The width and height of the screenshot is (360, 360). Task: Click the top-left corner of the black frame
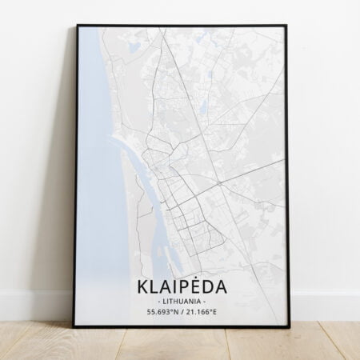(x=78, y=27)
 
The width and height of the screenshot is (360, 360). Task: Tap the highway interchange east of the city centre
(x=218, y=182)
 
